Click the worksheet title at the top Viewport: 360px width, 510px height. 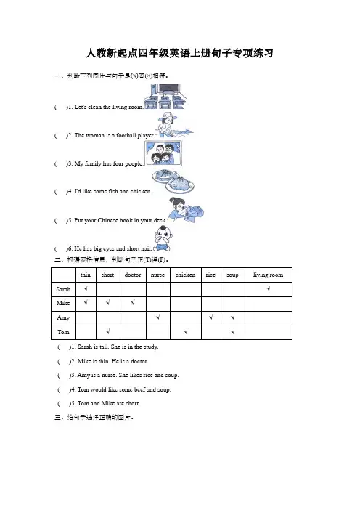(x=179, y=53)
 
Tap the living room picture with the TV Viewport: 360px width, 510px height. (x=165, y=97)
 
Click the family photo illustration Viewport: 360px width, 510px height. (x=163, y=153)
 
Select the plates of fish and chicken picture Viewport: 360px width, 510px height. (x=173, y=182)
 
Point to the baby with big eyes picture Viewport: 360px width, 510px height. (x=163, y=239)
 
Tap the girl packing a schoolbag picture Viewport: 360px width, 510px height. (x=186, y=210)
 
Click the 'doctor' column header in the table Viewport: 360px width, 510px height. (x=133, y=275)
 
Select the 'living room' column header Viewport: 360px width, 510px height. (x=268, y=275)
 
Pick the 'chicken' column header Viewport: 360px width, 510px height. (x=186, y=275)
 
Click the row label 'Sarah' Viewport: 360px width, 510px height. (x=63, y=289)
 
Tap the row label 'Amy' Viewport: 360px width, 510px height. (x=63, y=317)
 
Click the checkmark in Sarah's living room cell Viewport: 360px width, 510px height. (x=269, y=288)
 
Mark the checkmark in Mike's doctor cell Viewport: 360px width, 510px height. (x=133, y=302)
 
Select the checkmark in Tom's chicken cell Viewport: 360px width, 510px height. (x=186, y=331)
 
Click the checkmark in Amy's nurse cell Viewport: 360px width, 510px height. (x=158, y=317)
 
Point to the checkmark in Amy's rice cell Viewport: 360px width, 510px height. (x=211, y=317)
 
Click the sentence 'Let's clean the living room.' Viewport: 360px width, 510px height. (x=109, y=107)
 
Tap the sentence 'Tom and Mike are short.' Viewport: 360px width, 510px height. (x=109, y=403)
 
